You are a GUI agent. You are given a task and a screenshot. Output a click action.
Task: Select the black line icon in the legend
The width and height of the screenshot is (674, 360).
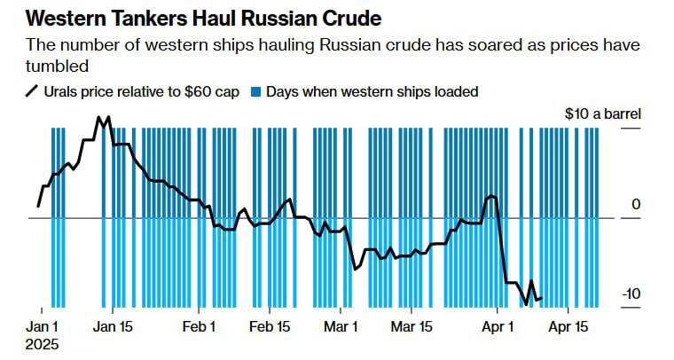tap(33, 91)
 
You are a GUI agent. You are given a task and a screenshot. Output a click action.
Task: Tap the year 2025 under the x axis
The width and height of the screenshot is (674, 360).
tap(43, 343)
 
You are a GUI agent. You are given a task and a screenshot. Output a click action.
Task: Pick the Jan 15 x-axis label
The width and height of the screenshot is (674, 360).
tap(112, 326)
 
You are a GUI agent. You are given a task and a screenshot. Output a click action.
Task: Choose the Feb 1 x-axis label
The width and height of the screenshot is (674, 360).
tap(200, 326)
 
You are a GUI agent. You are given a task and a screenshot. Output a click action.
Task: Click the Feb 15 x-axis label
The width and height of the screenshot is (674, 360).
tap(270, 326)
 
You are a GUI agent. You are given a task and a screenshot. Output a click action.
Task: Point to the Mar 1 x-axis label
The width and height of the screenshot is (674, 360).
tap(341, 326)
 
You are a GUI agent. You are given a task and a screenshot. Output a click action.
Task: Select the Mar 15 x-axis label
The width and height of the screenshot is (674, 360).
tap(412, 326)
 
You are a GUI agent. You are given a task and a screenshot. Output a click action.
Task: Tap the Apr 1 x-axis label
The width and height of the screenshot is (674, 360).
tap(498, 326)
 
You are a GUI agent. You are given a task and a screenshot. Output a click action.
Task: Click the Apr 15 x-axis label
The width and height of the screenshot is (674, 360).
tap(568, 326)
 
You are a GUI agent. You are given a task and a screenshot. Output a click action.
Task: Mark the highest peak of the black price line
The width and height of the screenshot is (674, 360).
tap(99, 116)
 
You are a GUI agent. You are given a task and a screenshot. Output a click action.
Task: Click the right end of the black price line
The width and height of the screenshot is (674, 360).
tap(542, 298)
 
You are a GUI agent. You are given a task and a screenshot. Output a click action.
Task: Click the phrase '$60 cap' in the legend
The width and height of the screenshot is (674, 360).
tap(214, 91)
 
